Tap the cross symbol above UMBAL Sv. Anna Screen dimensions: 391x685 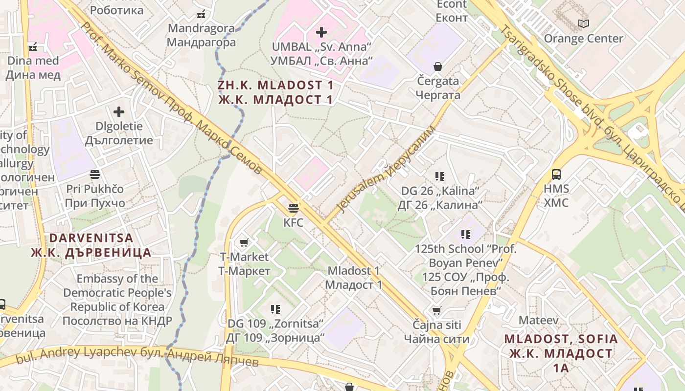pos(321,32)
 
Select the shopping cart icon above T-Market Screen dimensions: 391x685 pos(244,242)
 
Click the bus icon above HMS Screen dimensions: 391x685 pos(556,174)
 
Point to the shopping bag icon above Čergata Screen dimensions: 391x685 pos(438,66)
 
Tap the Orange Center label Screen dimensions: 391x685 pos(583,38)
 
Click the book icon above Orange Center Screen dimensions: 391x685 pos(583,23)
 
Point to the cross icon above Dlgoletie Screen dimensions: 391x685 pos(118,112)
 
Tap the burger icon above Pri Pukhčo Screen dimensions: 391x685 pos(95,174)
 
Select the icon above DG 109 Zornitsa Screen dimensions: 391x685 pos(275,309)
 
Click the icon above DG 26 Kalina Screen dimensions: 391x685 pos(439,176)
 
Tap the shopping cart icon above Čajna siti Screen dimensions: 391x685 pos(436,311)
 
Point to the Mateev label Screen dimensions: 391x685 pos(538,321)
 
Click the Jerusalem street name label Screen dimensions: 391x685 pos(387,169)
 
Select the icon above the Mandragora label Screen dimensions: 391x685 pos(201,14)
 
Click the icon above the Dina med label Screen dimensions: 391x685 pos(33,47)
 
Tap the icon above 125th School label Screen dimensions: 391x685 pos(465,235)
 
